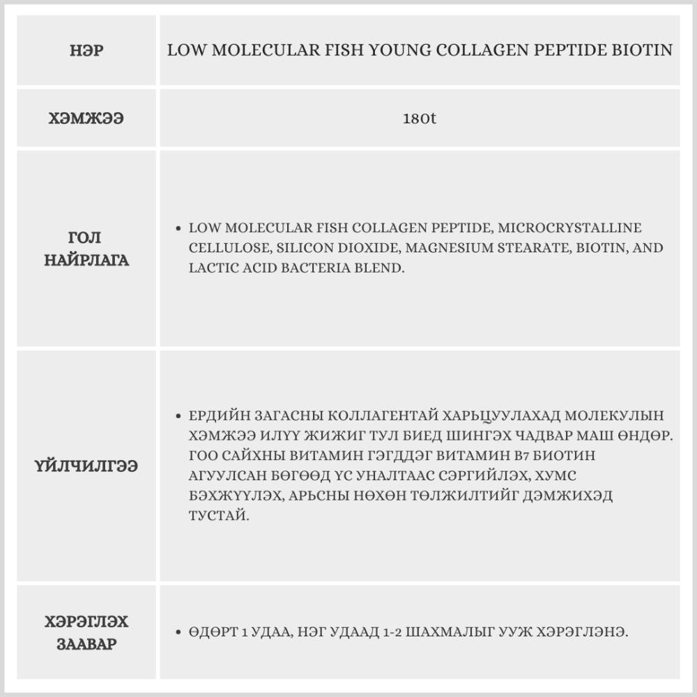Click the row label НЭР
click(86, 51)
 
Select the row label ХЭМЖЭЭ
click(86, 118)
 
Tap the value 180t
click(420, 118)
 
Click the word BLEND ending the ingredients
click(384, 268)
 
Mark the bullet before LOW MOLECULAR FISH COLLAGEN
click(178, 228)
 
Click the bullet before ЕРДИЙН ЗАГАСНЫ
click(178, 415)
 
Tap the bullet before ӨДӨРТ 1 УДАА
click(178, 632)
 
